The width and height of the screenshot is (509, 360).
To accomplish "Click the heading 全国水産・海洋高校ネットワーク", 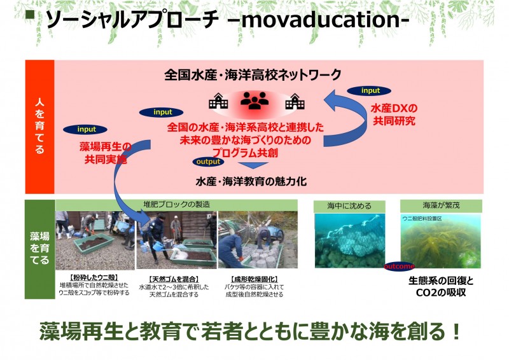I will tap(253, 74).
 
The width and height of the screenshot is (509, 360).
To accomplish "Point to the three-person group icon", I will tap(254, 100).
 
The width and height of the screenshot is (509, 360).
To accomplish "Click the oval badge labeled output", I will tap(208, 162).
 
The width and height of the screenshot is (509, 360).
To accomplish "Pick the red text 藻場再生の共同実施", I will tap(106, 153).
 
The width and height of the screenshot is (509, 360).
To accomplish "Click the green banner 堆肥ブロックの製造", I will tap(176, 204).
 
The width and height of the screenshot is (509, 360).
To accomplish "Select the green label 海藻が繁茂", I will tap(440, 206).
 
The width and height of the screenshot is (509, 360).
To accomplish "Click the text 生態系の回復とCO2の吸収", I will tap(442, 286).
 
